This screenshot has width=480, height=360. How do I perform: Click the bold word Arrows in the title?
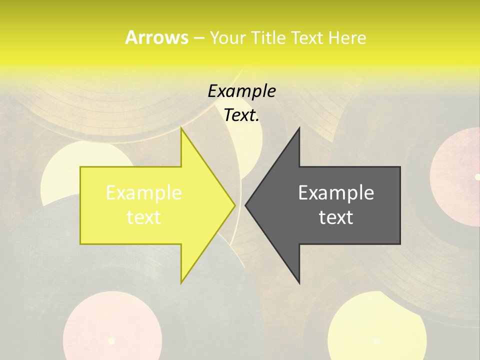click(156, 37)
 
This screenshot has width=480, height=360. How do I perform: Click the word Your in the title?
click(227, 37)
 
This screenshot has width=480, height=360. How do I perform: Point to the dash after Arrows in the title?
click(198, 38)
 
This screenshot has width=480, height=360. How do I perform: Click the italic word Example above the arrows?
click(241, 91)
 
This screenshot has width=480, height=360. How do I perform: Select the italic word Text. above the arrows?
click(241, 115)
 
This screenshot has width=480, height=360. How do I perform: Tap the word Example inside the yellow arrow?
click(144, 193)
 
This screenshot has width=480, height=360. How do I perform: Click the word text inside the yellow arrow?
click(144, 217)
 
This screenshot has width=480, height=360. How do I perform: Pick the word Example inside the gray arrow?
click(336, 193)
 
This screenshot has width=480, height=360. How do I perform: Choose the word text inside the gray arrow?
click(336, 217)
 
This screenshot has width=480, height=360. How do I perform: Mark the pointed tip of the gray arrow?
click(246, 205)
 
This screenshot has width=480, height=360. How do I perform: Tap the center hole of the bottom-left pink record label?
click(111, 341)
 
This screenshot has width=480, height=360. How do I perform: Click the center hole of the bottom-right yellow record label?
click(376, 340)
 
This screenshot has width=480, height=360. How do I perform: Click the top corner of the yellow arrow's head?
click(181, 129)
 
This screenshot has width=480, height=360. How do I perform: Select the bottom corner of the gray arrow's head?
click(299, 281)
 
